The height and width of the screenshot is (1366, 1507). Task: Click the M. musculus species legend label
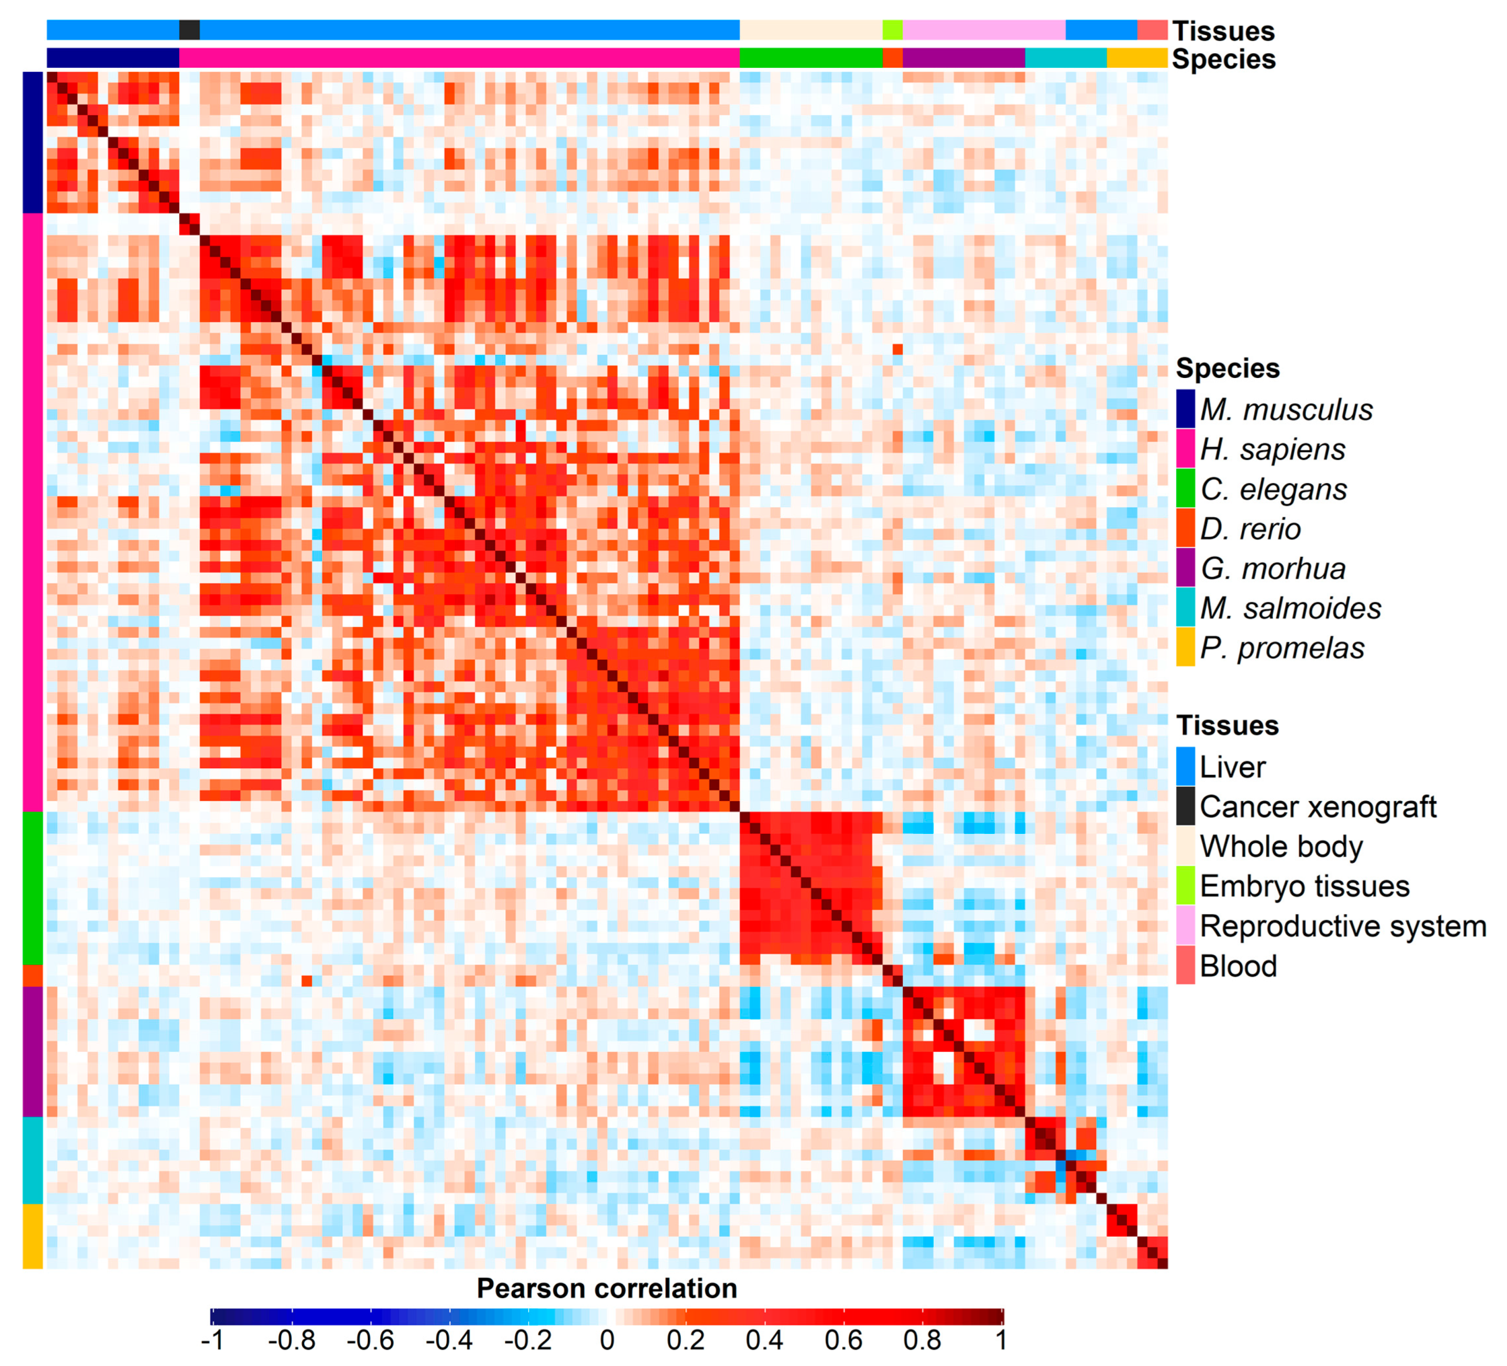click(x=1286, y=409)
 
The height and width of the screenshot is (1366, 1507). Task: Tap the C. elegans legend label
click(x=1273, y=489)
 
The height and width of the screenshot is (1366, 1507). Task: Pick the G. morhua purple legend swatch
click(x=1185, y=568)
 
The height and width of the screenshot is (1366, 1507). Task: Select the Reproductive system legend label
click(x=1343, y=926)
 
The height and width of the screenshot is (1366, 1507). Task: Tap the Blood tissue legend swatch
click(x=1185, y=965)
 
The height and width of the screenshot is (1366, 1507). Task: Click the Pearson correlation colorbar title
click(x=606, y=1288)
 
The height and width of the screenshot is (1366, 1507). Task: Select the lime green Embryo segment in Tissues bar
click(x=892, y=30)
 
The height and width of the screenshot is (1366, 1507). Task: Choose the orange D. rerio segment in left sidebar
click(x=32, y=976)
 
